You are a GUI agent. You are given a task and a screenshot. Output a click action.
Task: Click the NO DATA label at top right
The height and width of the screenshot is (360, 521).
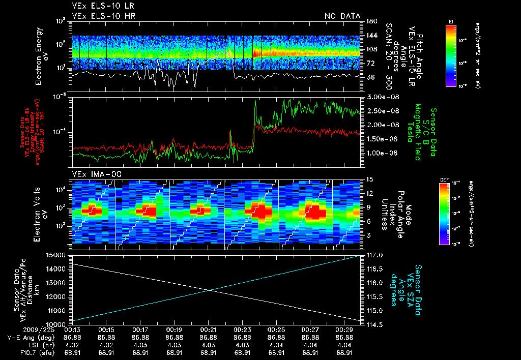(342, 16)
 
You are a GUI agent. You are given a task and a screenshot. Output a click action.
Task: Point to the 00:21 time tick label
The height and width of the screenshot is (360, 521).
(209, 329)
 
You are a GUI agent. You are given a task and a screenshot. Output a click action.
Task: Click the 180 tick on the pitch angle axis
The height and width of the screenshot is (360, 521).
(371, 21)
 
